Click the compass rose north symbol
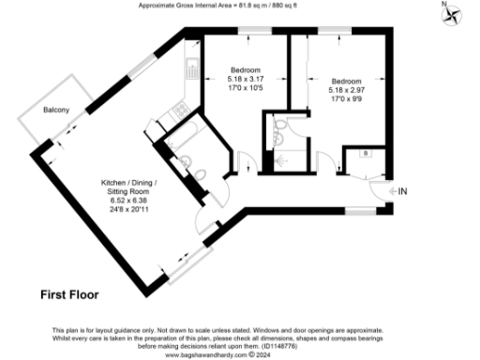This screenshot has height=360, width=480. (453, 13)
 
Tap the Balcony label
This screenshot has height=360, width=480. (57, 111)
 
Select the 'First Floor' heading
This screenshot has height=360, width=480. (69, 294)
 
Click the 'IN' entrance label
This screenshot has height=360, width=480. (403, 191)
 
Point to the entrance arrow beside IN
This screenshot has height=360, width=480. (389, 191)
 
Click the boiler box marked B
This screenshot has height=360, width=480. (365, 152)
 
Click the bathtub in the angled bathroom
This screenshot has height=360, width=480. (177, 130)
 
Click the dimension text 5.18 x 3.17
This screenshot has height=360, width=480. (247, 80)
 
